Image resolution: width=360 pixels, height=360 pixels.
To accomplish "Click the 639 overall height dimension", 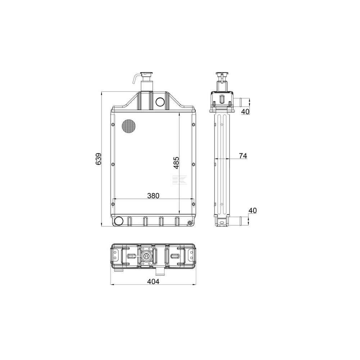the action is (x=98, y=159).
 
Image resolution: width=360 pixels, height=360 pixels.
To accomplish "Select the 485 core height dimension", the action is (x=176, y=163).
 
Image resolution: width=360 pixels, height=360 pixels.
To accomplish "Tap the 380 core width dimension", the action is (x=153, y=195).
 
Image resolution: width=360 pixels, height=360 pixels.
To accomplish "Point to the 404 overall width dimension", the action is (x=153, y=281).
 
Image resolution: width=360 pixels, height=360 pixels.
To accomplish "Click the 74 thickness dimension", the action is (x=243, y=156).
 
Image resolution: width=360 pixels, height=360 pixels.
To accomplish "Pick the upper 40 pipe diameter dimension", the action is (x=245, y=112).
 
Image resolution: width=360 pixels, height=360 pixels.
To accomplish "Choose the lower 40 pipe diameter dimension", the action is (x=253, y=210).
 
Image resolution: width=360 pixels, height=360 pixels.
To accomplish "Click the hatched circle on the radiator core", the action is (x=129, y=126).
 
